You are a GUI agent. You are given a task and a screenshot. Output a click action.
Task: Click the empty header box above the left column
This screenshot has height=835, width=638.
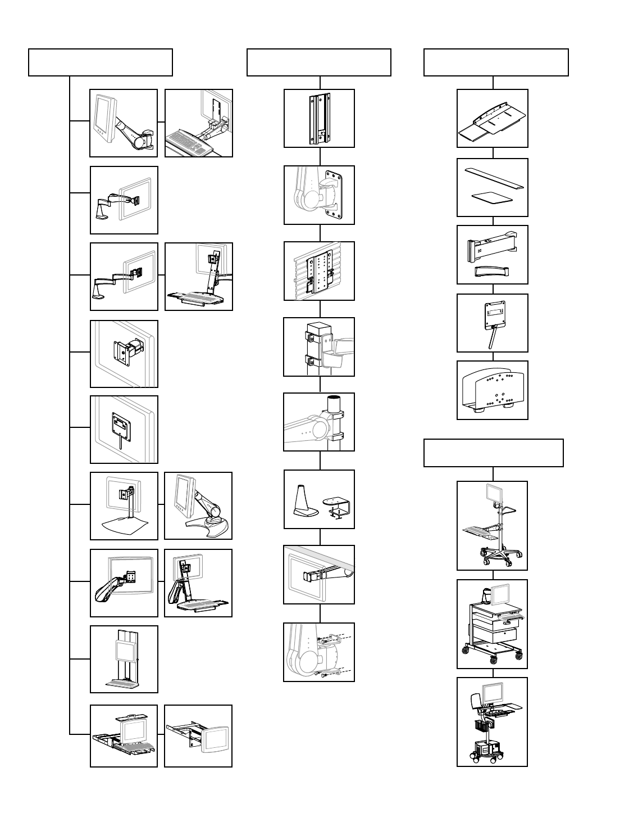100,62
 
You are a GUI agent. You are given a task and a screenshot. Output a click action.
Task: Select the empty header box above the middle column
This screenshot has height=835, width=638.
318,62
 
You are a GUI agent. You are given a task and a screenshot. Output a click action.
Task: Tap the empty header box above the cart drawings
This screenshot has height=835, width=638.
493,453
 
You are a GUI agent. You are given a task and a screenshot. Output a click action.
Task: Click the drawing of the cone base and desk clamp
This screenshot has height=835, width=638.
319,499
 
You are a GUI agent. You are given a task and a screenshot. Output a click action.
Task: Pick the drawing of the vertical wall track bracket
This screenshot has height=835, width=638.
319,118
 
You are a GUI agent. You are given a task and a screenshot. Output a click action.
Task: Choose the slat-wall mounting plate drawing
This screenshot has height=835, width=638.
319,271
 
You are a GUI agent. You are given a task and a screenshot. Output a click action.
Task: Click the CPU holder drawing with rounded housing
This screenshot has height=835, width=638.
492,390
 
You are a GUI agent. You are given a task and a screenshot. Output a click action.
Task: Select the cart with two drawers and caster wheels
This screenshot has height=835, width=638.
492,624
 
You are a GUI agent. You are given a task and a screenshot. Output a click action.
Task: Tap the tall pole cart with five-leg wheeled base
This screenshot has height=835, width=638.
492,525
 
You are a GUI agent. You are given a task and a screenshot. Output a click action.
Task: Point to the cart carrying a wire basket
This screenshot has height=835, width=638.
492,721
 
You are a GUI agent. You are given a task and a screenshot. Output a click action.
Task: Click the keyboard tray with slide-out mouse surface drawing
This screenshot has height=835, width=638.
492,118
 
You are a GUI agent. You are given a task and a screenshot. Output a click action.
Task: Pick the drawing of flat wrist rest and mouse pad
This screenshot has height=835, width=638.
492,187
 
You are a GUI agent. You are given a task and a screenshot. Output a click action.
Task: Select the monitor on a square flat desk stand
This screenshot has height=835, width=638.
124,505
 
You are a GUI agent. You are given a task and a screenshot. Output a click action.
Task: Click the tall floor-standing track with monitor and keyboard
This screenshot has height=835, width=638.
124,659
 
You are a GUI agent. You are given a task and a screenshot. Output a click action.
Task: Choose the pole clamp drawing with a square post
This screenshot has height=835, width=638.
319,346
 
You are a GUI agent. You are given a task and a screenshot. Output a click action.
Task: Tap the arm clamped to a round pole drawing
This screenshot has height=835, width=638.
319,422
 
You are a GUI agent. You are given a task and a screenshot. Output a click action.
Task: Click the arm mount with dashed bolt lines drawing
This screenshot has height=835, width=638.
319,652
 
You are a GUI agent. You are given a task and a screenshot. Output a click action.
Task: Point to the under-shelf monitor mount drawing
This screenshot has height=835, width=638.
319,574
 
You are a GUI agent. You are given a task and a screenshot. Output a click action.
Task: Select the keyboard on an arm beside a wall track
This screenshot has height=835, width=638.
198,123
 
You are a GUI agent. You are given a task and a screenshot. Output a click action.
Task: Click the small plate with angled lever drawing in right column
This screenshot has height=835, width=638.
492,323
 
